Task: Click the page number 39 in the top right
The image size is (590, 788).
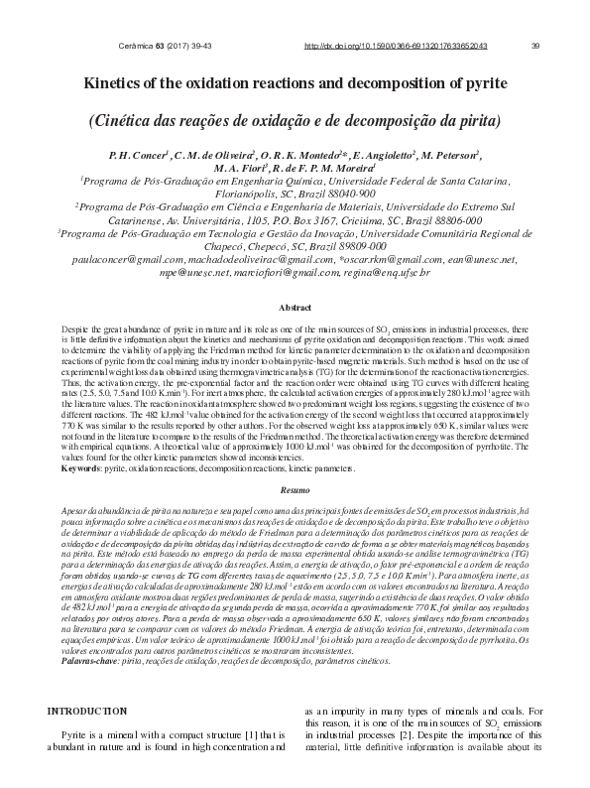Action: point(535,46)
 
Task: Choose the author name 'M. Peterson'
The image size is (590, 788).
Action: point(447,156)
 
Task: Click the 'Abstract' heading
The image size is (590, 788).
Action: point(295,309)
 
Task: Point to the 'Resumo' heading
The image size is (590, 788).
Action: point(295,490)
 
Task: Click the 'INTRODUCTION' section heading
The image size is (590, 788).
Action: point(88,711)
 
